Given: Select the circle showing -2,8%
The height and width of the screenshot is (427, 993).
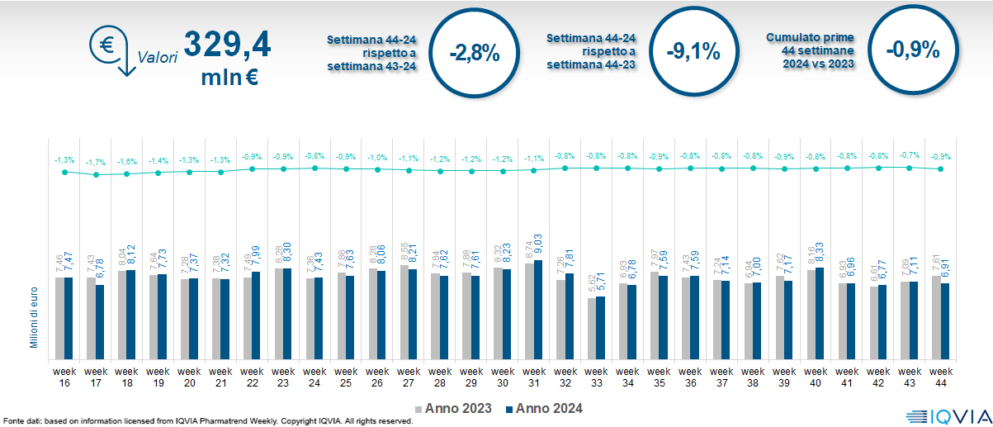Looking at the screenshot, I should tap(475, 52).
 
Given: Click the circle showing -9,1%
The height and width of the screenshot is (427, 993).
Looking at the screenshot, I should tap(693, 52).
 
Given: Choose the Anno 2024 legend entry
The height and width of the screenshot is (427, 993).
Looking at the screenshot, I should tap(544, 408).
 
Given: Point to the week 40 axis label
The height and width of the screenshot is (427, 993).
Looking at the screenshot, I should tap(816, 365).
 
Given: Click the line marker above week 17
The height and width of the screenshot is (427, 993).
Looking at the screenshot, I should tap(96, 174).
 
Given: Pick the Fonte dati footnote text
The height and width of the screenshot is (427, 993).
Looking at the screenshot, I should tap(206, 421).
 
